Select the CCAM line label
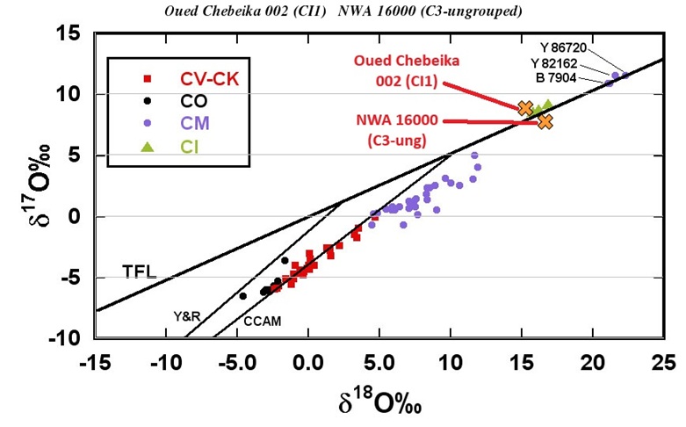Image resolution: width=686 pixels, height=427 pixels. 263,322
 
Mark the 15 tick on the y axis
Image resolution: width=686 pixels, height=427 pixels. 69,34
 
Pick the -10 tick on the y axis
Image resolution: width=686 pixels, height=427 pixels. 66,338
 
